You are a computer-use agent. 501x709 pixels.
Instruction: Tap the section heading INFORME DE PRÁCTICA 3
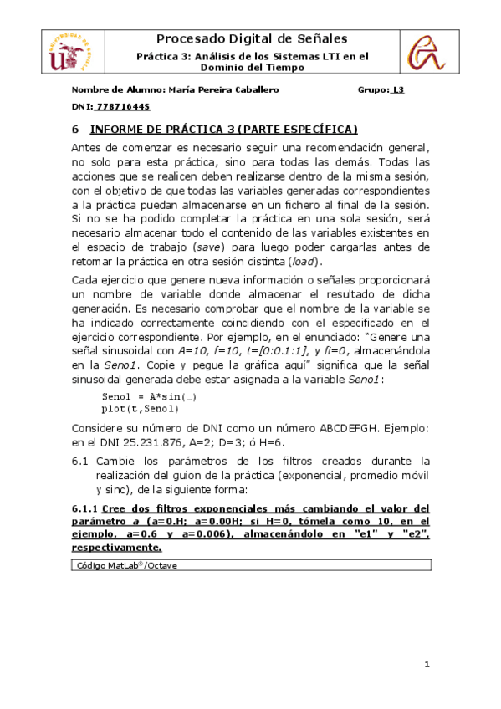click(223, 130)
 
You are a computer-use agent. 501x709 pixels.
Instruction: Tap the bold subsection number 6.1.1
click(84, 508)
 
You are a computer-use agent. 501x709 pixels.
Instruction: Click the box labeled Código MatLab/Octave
click(252, 566)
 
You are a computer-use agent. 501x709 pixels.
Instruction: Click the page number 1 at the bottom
click(427, 666)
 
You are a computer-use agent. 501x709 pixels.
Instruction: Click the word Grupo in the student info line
click(372, 90)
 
